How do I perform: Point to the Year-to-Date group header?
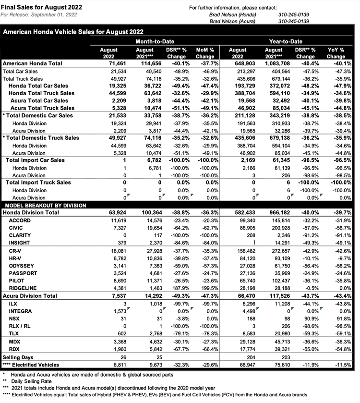coord(286,42)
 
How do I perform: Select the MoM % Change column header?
coord(205,53)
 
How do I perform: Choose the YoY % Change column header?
coord(336,53)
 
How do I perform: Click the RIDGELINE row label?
coord(22,288)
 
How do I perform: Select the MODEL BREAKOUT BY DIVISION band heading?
coord(45,205)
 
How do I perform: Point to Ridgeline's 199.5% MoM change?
coord(206,288)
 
